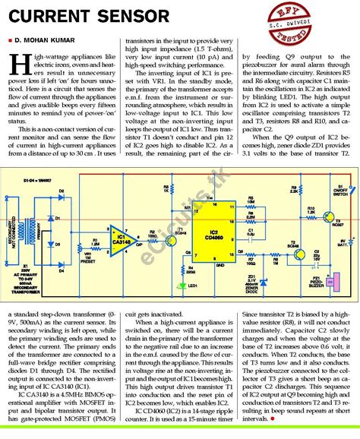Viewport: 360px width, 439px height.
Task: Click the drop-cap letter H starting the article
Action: (x=19, y=63)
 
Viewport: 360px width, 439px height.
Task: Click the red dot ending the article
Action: (x=271, y=418)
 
